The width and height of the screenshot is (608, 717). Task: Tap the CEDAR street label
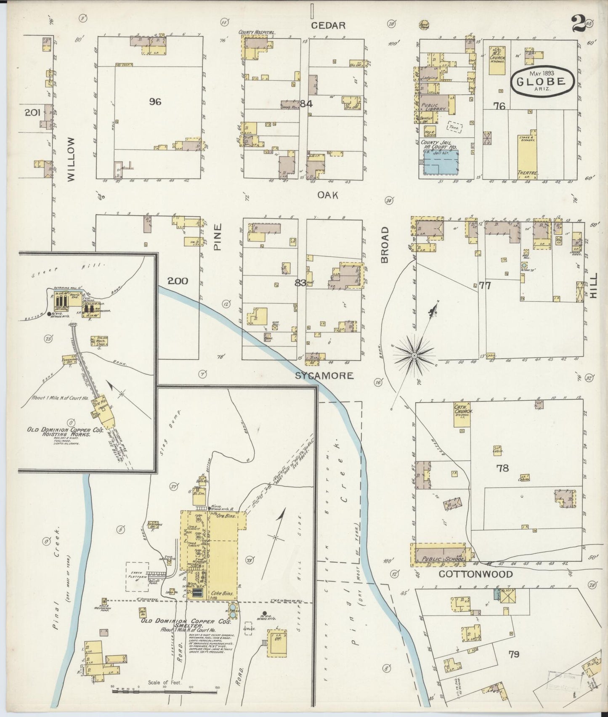click(x=328, y=26)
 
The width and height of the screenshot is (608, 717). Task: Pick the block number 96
click(x=155, y=102)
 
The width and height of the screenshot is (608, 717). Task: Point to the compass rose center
click(x=414, y=356)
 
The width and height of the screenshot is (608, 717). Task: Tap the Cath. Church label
click(x=463, y=409)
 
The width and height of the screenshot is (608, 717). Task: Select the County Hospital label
click(x=257, y=32)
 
